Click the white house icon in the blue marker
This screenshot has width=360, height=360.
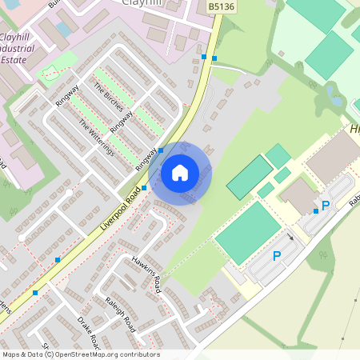click(180, 173)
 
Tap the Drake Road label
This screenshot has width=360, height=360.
click(87, 330)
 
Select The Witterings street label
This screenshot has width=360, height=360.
click(96, 138)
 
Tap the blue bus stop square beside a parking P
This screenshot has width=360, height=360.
click(316, 211)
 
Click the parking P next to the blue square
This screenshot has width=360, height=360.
click(326, 206)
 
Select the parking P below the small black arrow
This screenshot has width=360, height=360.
click(277, 256)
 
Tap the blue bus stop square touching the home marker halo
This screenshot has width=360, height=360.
click(162, 150)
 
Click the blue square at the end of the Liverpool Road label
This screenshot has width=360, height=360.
click(144, 188)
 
